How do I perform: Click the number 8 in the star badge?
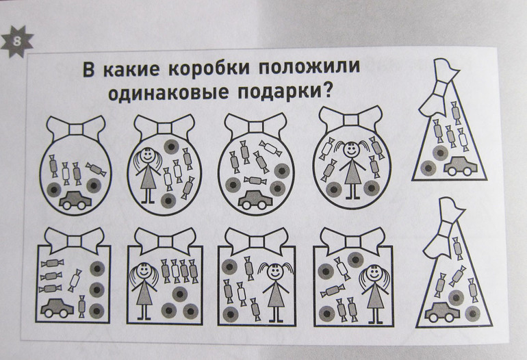click(x=17, y=42)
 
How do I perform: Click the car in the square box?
click(x=57, y=307)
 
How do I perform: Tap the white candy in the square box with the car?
click(x=75, y=280)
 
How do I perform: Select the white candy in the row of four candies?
click(x=175, y=270)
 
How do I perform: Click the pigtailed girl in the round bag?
click(x=352, y=170)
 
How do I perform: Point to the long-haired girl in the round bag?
click(x=146, y=175)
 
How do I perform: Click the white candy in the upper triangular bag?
click(x=463, y=139)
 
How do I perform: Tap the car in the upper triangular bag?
click(x=461, y=166)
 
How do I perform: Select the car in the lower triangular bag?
click(x=442, y=311)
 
